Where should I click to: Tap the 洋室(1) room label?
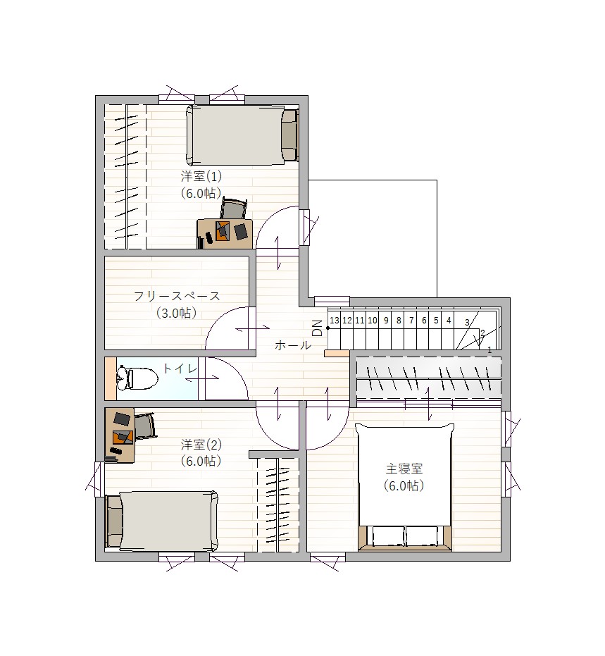click(201, 177)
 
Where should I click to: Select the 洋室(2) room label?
click(201, 444)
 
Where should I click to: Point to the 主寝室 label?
click(404, 469)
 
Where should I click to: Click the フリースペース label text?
click(177, 296)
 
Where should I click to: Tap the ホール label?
click(293, 345)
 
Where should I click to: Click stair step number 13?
click(335, 321)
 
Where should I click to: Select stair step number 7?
click(411, 321)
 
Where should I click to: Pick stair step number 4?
click(449, 321)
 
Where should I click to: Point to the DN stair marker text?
click(318, 328)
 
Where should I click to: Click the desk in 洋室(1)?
click(225, 233)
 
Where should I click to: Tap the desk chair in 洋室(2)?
click(144, 426)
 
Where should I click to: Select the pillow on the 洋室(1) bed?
click(289, 135)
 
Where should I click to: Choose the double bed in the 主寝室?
click(405, 487)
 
